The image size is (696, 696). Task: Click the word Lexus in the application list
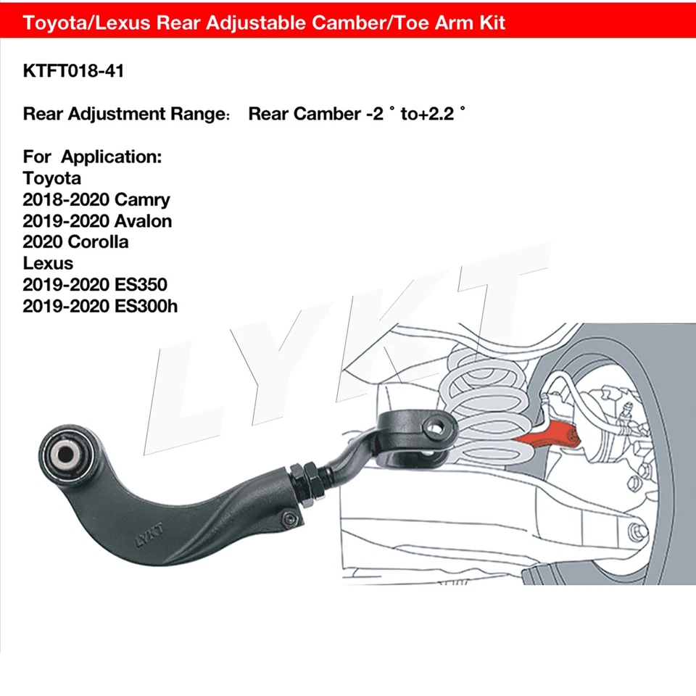pos(48,263)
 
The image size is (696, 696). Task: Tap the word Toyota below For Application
pos(52,178)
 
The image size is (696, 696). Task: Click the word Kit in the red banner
pos(490,22)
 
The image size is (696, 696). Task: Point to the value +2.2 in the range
pos(440,114)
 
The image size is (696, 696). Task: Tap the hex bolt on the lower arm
pos(639,531)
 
